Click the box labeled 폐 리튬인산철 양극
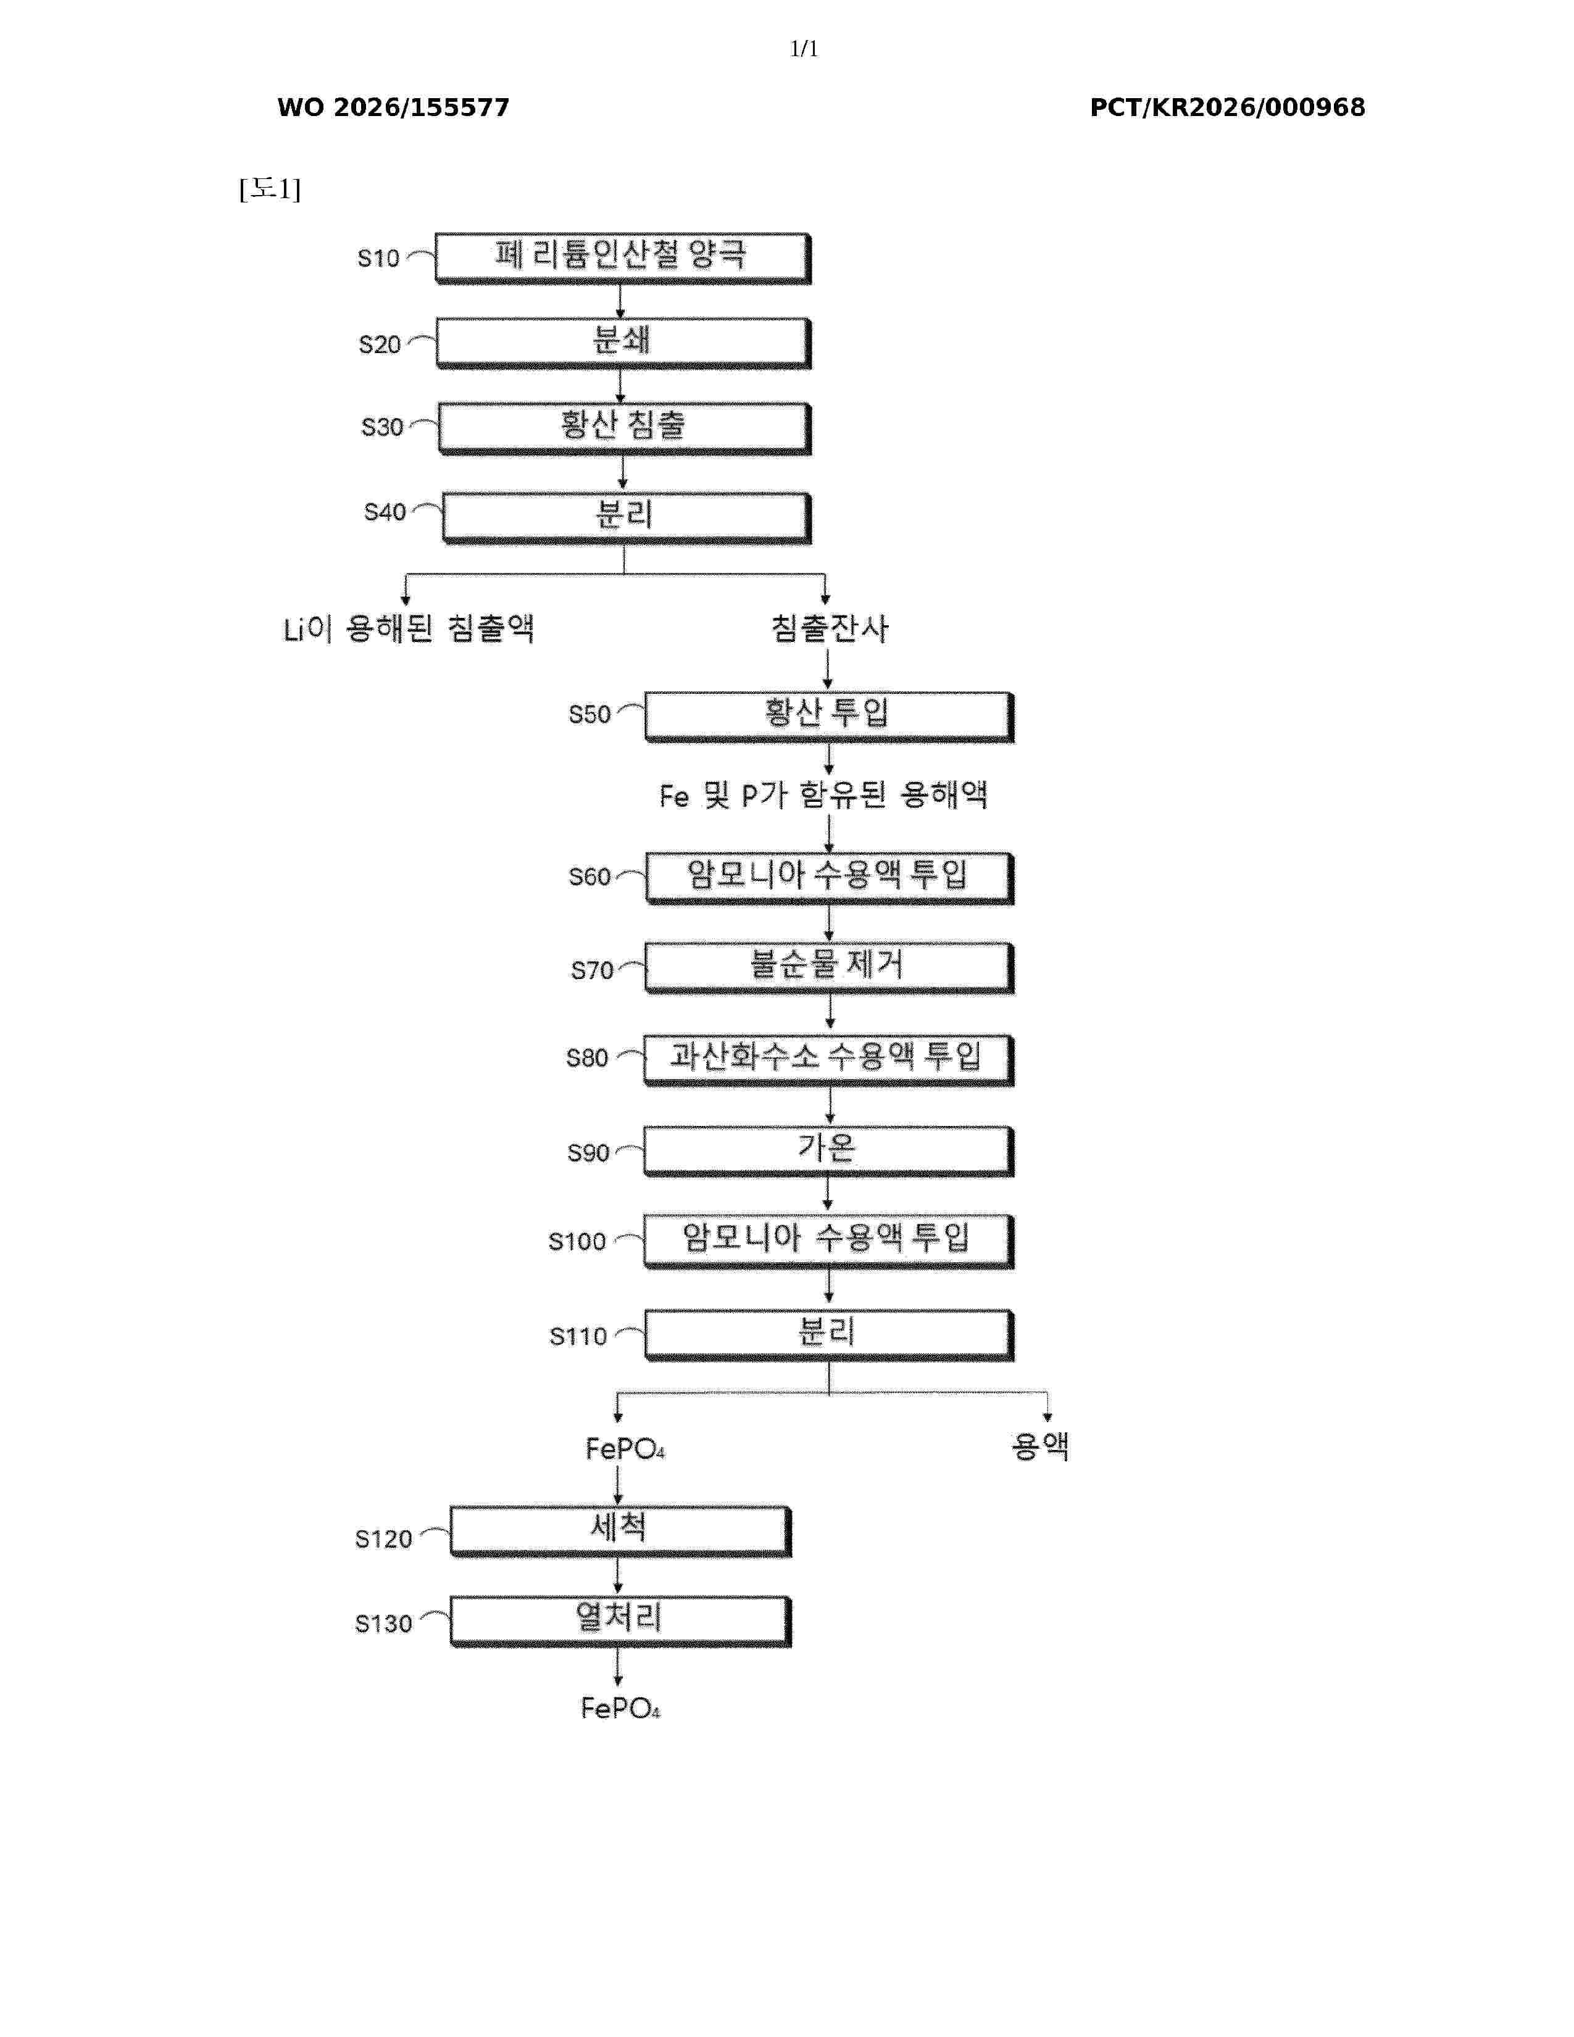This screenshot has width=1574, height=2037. point(623,259)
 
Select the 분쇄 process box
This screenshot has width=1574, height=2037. point(623,343)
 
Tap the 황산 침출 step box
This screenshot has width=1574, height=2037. point(624,429)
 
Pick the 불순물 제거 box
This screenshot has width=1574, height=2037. point(829,968)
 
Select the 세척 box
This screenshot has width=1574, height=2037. point(620,1531)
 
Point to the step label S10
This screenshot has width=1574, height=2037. point(378,259)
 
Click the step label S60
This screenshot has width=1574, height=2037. point(589,877)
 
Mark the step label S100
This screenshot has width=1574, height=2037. point(577,1241)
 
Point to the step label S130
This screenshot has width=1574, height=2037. point(383,1624)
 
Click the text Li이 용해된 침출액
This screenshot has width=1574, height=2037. point(409,628)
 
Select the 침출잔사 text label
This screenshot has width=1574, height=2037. point(830,628)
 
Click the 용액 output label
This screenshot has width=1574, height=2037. point(1041,1446)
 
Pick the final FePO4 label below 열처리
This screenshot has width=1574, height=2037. point(620,1708)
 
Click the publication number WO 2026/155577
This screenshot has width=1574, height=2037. point(394,107)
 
